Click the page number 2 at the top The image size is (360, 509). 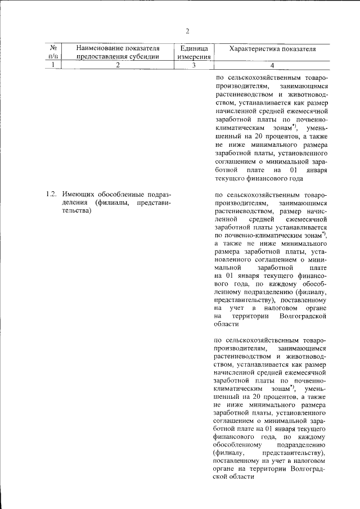point(187,30)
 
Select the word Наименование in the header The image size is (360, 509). point(101,49)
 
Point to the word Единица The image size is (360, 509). point(193,49)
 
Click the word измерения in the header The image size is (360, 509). point(193,57)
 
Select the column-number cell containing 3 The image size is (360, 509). point(193,65)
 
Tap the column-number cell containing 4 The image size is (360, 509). point(272,65)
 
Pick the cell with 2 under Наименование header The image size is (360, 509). point(118,65)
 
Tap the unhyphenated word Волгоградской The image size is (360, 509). point(303,317)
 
